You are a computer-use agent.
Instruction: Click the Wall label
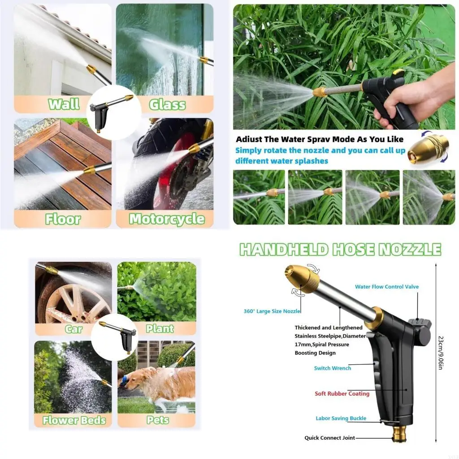[63, 104]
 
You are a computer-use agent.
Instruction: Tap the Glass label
[167, 104]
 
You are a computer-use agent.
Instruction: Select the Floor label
[62, 219]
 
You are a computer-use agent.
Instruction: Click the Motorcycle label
[167, 219]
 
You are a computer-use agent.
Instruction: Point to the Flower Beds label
[74, 420]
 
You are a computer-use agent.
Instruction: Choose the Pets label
[158, 420]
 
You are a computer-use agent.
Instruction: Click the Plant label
[160, 329]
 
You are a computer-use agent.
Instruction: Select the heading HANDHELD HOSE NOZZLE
[340, 249]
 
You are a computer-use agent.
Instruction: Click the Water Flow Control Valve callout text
[386, 287]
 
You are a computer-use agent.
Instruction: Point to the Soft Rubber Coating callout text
[342, 394]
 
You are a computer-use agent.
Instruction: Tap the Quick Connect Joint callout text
[329, 438]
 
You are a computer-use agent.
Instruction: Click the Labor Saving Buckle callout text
[341, 418]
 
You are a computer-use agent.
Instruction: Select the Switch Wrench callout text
[332, 368]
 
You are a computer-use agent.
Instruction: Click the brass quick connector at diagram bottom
[399, 433]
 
